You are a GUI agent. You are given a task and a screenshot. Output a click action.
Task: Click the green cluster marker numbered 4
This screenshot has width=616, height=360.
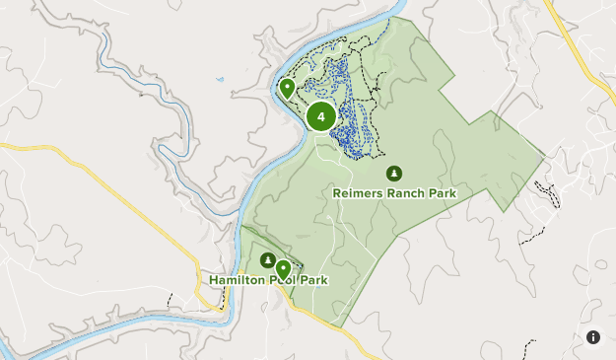(320, 117)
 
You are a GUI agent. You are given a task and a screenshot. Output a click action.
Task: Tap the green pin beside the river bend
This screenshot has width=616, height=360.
(287, 88)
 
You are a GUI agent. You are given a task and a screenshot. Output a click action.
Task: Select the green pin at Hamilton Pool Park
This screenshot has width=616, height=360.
(283, 267)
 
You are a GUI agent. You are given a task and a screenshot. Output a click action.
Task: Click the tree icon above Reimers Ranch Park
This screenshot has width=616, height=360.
(394, 174)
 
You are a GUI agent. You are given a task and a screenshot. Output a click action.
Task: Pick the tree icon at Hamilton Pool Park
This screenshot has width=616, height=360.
(267, 259)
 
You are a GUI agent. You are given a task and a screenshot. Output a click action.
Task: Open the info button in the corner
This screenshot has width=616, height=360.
(593, 337)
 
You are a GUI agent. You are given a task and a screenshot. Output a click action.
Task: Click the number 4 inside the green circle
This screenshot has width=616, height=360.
(320, 117)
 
